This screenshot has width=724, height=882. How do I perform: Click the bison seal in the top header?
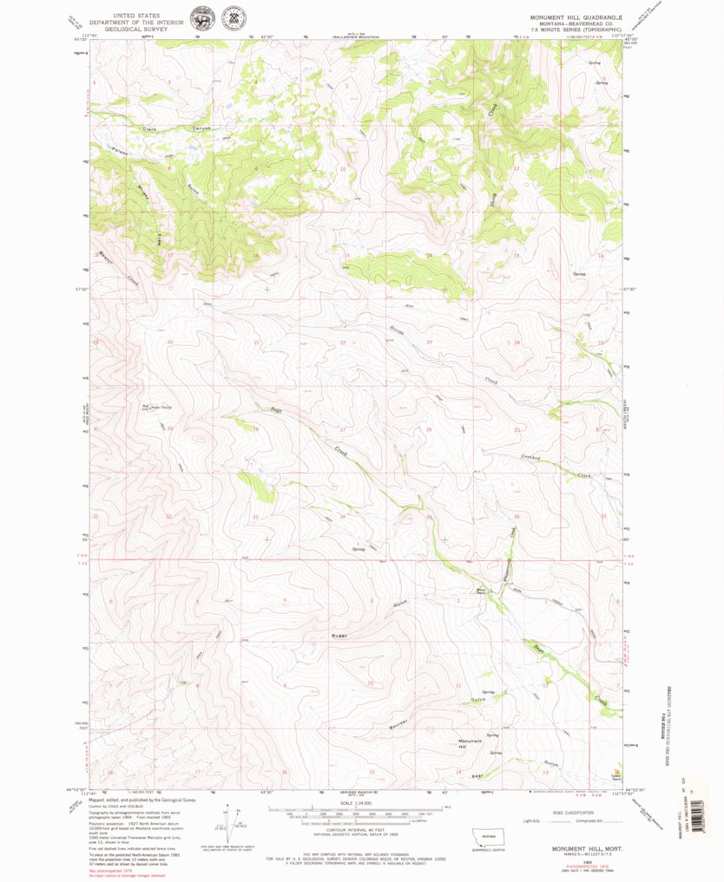pos(201,16)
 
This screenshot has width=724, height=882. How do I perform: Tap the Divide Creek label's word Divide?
pos(398,329)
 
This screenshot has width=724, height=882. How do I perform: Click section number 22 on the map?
pos(343,343)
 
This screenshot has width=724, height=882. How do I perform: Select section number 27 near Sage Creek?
pos(343,429)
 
